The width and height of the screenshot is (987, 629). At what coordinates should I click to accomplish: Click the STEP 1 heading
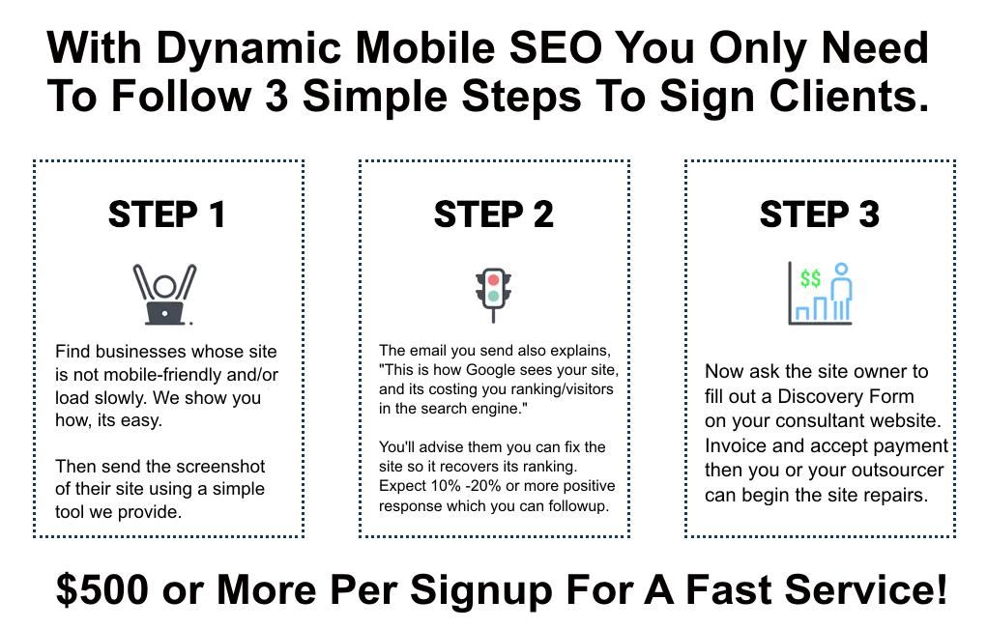167,214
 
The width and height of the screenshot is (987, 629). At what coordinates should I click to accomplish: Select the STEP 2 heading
493,214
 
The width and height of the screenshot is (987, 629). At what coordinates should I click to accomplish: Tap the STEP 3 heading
820,214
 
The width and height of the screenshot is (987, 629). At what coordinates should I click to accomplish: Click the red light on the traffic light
493,280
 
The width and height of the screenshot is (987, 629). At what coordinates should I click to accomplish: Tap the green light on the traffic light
493,296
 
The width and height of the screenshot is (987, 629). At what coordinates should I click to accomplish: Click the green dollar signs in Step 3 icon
810,278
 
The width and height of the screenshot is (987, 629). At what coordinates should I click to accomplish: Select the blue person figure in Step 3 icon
841,291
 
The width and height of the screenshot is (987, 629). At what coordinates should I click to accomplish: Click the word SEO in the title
555,47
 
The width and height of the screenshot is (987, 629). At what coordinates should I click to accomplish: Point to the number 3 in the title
277,97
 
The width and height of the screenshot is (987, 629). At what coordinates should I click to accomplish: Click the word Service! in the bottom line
865,589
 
